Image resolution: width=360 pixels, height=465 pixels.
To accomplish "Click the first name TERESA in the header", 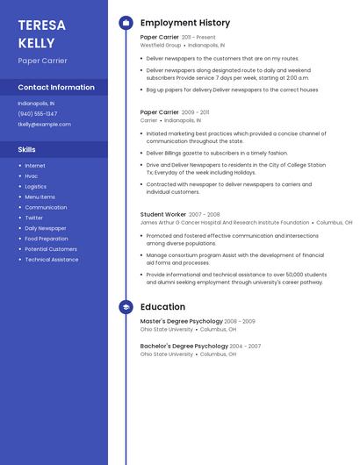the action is point(41,25).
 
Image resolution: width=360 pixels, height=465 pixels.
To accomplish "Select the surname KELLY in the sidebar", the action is point(36,43).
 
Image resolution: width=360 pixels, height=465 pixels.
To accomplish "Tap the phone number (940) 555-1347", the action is point(38,114).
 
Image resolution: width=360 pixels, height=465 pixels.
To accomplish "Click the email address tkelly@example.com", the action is point(44,125).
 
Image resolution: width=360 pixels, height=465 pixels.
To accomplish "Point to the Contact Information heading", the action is point(56,88).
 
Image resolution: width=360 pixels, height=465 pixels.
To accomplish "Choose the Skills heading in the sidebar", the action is point(27,150).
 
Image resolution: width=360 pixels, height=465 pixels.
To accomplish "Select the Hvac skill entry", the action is point(32,175).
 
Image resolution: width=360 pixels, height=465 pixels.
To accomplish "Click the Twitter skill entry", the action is point(34,218).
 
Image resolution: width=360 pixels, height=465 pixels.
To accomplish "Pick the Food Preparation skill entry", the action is point(47,239).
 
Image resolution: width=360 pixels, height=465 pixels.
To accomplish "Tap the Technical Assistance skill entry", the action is point(52,260).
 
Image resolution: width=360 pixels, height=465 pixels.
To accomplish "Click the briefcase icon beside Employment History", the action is point(126,23).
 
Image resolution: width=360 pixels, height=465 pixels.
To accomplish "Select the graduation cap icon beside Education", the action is point(126,307).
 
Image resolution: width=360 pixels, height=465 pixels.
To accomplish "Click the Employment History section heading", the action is point(185,23).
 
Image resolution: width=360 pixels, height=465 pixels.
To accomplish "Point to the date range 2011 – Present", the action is point(198,38).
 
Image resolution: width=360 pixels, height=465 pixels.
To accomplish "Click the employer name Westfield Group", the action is point(161,45).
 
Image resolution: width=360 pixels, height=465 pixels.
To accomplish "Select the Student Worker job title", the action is point(163,214).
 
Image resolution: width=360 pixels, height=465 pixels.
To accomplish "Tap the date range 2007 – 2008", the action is point(205,214).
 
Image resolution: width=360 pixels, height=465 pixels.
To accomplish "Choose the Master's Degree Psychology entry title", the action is point(181,321).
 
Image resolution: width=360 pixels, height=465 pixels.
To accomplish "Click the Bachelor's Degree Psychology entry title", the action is point(184,346).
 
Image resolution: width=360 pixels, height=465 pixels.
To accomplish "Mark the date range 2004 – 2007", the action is point(246,346).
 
